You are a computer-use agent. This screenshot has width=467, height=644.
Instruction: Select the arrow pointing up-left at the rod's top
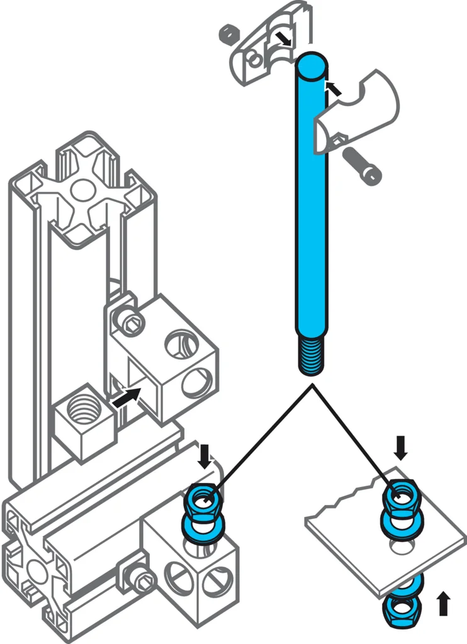pyautogui.click(x=334, y=89)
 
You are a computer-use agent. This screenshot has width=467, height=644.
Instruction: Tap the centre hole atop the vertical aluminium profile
pyautogui.click(x=80, y=188)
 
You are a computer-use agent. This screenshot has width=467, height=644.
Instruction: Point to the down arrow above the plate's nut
pyautogui.click(x=401, y=448)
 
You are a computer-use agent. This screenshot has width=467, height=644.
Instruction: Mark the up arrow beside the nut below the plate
pyautogui.click(x=444, y=602)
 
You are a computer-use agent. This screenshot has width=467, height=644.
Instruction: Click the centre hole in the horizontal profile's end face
pyautogui.click(x=35, y=572)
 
